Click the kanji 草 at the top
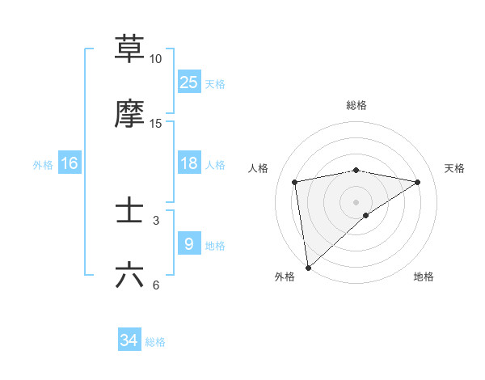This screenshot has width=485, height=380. [x=130, y=49]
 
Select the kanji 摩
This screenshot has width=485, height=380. [x=130, y=113]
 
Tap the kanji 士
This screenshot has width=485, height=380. [x=130, y=210]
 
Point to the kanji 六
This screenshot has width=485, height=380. [x=130, y=275]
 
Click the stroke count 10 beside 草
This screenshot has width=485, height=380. [x=156, y=59]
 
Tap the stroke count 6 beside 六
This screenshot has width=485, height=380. [x=156, y=285]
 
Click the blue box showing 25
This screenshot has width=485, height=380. [x=189, y=82]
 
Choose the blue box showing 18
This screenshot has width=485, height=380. [x=189, y=163]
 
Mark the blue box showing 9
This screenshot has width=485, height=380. [x=189, y=244]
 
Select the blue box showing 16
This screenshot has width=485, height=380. [x=70, y=163]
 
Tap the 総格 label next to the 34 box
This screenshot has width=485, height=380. [x=155, y=342]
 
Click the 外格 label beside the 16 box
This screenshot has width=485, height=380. [x=43, y=165]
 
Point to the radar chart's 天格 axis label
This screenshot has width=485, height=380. [x=454, y=168]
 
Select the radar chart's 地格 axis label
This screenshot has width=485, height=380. [x=424, y=277]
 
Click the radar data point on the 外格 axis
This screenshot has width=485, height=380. [x=308, y=267]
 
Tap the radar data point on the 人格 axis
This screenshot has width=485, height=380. [x=295, y=182]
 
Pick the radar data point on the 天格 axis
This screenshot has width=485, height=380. [x=418, y=182]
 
